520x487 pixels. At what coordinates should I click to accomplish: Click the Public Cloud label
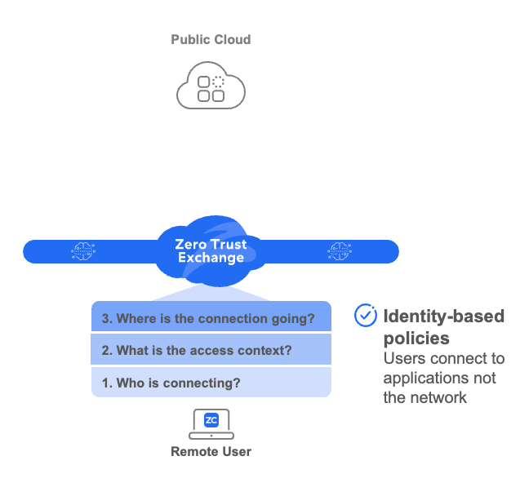[211, 39]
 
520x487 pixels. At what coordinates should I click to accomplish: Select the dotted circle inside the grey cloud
[218, 81]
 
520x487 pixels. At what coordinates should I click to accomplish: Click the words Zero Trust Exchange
[211, 251]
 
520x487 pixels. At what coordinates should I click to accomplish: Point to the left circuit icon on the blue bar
[83, 251]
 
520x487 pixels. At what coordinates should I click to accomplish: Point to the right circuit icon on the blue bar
[338, 251]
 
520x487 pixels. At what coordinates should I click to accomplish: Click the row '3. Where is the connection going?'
[211, 318]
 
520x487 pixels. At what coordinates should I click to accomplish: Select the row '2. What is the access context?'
[211, 351]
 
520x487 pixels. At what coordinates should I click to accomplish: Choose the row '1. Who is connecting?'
[211, 382]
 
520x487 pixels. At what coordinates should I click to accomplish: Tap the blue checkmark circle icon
[365, 317]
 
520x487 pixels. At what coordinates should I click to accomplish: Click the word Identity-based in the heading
[444, 317]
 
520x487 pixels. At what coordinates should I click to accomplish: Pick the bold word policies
[416, 338]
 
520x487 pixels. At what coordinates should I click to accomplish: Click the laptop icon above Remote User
[211, 423]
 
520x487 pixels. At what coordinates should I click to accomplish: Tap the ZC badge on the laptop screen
[211, 420]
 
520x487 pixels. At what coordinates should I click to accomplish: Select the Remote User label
[211, 451]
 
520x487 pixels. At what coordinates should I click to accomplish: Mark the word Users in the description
[404, 359]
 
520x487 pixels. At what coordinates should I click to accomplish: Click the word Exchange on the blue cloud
[211, 259]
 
